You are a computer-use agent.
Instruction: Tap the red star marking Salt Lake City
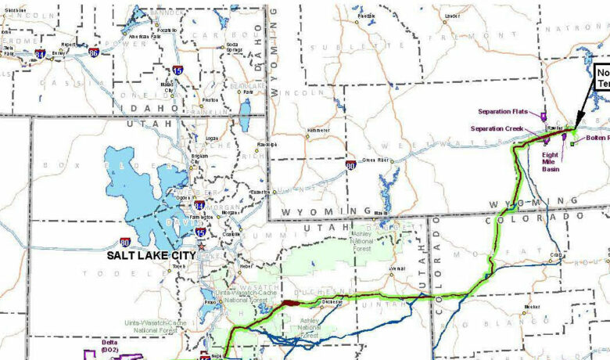pyautogui.click(x=201, y=247)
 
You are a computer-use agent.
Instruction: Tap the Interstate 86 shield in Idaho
pyautogui.click(x=94, y=53)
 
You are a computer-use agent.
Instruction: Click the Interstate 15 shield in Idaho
pyautogui.click(x=178, y=70)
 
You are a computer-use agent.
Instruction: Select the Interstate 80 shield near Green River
pyautogui.click(x=352, y=166)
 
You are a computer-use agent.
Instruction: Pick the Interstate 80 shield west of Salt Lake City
pyautogui.click(x=125, y=243)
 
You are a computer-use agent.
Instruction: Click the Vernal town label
pyautogui.click(x=398, y=268)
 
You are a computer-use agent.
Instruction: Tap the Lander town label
pyautogui.click(x=451, y=16)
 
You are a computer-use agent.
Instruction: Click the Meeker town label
pyautogui.click(x=533, y=306)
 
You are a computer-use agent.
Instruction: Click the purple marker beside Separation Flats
pyautogui.click(x=543, y=116)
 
